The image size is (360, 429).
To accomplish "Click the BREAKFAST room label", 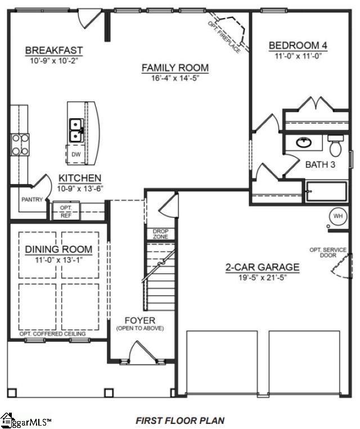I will click(x=54, y=51).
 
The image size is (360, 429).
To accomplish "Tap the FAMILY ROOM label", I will click(x=175, y=68).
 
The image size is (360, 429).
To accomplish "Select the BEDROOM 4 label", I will click(x=298, y=46).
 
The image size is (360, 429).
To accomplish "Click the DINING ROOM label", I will click(x=58, y=249).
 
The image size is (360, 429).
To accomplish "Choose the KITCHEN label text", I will click(x=80, y=178).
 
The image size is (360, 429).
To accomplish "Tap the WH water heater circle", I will click(x=337, y=216).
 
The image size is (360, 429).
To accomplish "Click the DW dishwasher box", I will click(x=75, y=154).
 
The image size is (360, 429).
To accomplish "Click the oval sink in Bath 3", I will click(x=304, y=142).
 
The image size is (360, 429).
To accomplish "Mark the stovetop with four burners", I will click(x=20, y=144).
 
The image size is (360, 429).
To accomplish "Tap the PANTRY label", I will click(x=31, y=199).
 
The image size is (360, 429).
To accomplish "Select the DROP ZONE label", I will click(x=160, y=234).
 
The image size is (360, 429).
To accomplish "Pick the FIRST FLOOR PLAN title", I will click(x=180, y=420).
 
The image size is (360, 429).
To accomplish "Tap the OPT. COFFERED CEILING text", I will click(x=53, y=334).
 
